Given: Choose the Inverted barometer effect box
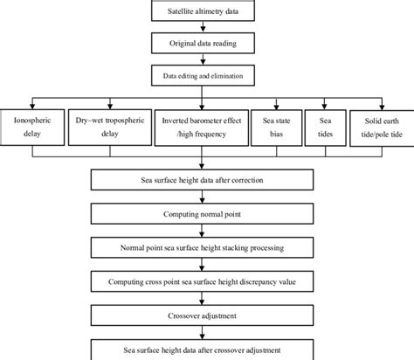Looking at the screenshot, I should pyautogui.click(x=203, y=125).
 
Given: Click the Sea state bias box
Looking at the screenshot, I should pyautogui.click(x=275, y=125).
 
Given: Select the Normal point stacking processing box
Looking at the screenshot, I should pyautogui.click(x=202, y=248).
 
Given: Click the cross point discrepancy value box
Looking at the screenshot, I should pyautogui.click(x=202, y=283).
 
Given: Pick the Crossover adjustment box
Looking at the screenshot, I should pyautogui.click(x=202, y=315).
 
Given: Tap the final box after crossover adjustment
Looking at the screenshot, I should pyautogui.click(x=202, y=350).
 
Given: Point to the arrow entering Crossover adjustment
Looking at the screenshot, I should pyautogui.click(x=202, y=300).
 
